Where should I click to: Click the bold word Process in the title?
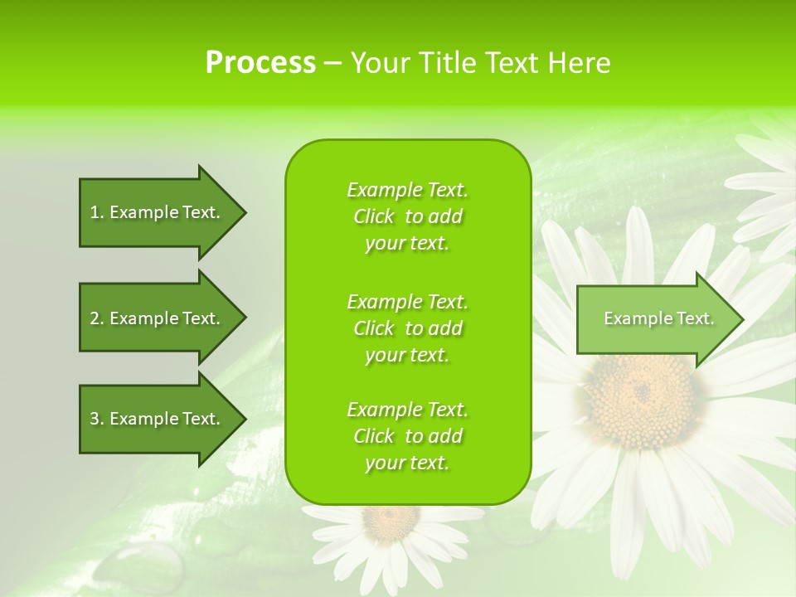coord(260,63)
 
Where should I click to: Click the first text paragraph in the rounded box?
coord(407,216)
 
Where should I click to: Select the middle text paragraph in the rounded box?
coord(407,328)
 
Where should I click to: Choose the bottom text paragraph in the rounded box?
coord(407,436)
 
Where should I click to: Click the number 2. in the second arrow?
coord(96,318)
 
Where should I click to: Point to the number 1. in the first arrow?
coord(96,212)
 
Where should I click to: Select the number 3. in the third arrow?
coord(96,419)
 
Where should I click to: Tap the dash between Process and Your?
coord(332,64)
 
